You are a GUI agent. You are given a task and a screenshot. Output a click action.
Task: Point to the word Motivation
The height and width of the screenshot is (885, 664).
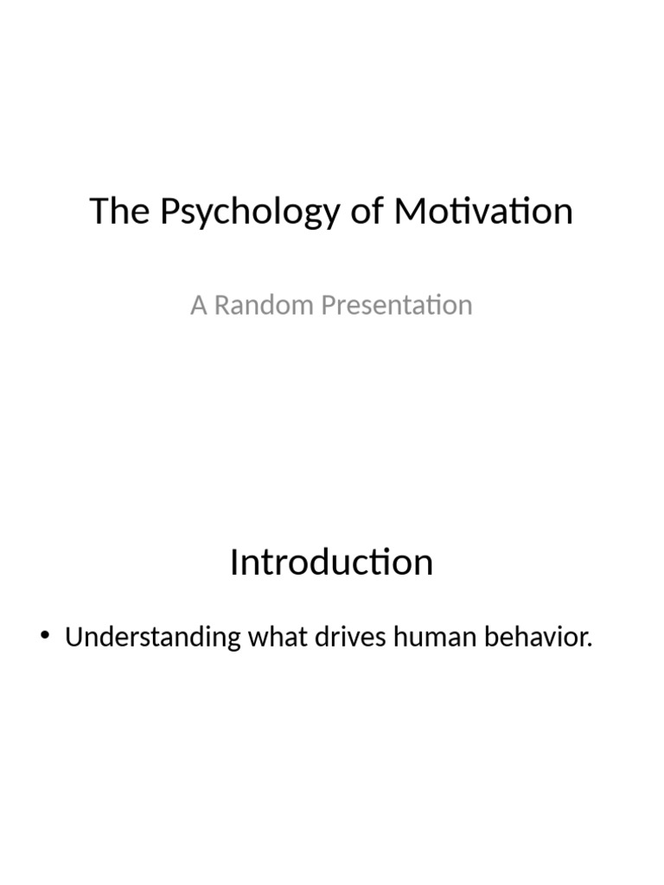pyautogui.click(x=483, y=212)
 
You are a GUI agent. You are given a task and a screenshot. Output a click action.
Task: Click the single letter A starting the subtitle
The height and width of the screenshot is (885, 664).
pyautogui.click(x=199, y=305)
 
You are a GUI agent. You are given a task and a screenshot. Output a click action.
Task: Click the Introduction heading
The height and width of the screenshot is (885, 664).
pyautogui.click(x=331, y=563)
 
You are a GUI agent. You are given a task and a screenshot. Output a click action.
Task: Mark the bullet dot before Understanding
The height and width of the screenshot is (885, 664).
pyautogui.click(x=46, y=639)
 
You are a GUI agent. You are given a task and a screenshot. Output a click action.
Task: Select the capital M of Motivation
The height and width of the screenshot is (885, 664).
pyautogui.click(x=409, y=212)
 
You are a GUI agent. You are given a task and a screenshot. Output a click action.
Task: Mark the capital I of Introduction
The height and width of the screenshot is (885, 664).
pyautogui.click(x=235, y=563)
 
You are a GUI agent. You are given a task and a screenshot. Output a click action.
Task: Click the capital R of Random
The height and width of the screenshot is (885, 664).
pyautogui.click(x=221, y=305)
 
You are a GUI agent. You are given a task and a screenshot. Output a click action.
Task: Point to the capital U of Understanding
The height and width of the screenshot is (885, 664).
pyautogui.click(x=73, y=639)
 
